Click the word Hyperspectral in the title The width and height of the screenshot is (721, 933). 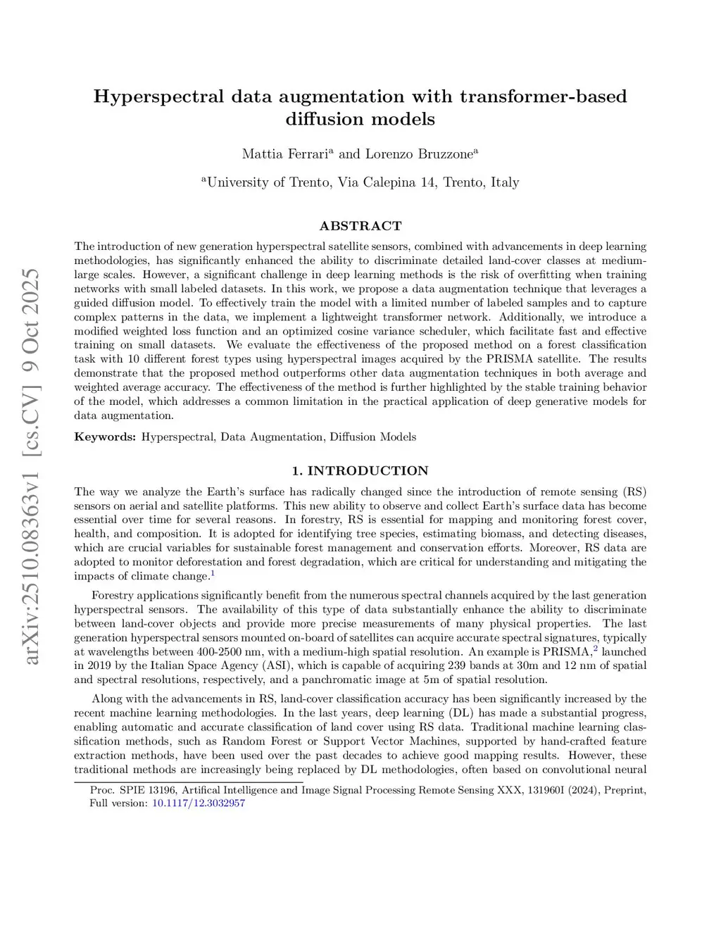(x=158, y=96)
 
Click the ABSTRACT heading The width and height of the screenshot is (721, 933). (x=360, y=226)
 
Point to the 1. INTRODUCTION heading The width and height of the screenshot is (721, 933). (x=360, y=471)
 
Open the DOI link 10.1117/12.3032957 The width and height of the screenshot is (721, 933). (x=199, y=803)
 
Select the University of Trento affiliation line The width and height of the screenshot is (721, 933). (x=360, y=182)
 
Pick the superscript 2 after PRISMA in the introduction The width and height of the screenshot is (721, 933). (x=595, y=649)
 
